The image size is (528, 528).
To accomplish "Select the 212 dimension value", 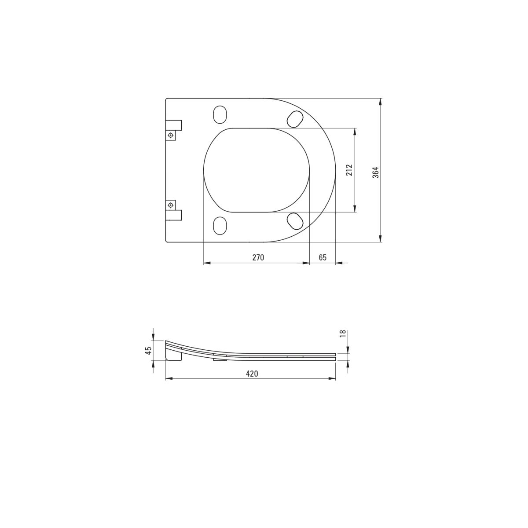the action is tap(349, 170).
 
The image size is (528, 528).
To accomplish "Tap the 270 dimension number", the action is tap(258, 257).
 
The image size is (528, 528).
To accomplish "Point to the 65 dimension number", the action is tap(323, 257).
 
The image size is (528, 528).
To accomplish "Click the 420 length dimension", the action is tap(252, 373).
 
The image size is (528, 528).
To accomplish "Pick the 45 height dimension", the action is tap(148, 350).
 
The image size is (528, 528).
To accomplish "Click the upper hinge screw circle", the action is tap(171, 135).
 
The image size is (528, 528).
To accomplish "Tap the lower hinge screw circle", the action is tap(171, 205).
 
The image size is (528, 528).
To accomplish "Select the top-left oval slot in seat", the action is tap(220, 114).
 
